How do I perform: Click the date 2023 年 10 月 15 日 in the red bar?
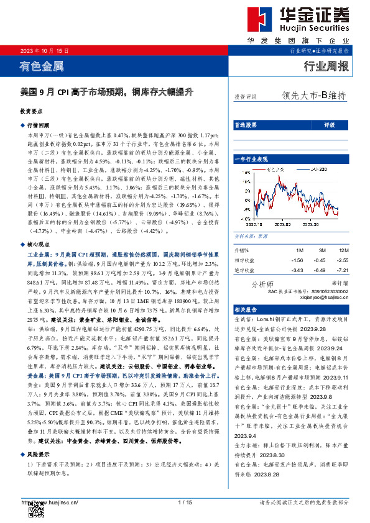pyautogui.click(x=45, y=50)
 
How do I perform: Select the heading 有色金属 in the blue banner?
pyautogui.click(x=42, y=65)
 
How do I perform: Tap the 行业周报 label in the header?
pyautogui.click(x=326, y=66)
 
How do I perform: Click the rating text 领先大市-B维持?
pyautogui.click(x=313, y=96)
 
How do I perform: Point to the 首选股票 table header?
pyautogui.click(x=245, y=125)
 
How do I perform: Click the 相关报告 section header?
pyautogui.click(x=245, y=309)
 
